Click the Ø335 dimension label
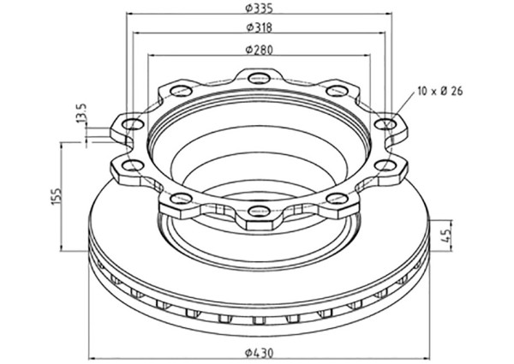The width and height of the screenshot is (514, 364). (259, 9)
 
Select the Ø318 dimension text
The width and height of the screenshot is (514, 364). (259, 27)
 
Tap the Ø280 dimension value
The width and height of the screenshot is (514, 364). (259, 50)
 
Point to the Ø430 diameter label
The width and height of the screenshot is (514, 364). (259, 353)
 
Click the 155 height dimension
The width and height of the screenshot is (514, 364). (57, 197)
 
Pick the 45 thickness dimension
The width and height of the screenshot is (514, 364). (446, 236)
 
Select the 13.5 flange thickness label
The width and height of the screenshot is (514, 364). (81, 113)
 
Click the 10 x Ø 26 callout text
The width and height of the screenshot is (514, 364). (440, 91)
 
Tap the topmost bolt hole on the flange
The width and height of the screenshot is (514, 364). (259, 78)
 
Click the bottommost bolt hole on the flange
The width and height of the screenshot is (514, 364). (259, 211)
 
